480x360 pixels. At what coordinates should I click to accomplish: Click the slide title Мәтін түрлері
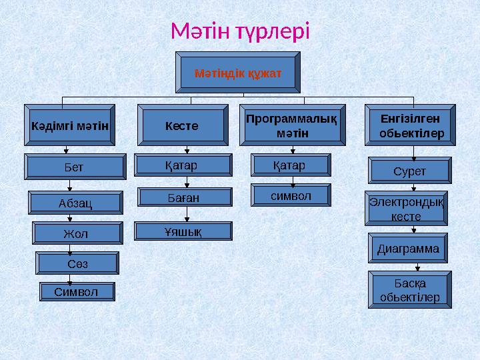(x=240, y=31)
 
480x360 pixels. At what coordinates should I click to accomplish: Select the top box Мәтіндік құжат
(x=238, y=71)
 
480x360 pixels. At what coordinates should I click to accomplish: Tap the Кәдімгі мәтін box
(x=70, y=125)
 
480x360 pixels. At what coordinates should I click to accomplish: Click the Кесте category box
(x=181, y=125)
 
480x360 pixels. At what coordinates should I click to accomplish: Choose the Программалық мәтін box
(x=292, y=125)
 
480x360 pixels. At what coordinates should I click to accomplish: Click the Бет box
(x=75, y=167)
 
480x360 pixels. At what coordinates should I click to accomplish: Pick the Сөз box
(x=78, y=263)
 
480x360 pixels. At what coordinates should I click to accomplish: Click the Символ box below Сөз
(x=76, y=291)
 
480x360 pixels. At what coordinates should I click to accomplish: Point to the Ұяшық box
(x=183, y=231)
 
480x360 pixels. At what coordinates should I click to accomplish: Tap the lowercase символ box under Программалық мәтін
(x=291, y=195)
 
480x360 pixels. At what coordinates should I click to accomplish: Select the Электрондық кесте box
(x=407, y=209)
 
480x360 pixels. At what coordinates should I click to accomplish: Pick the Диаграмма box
(x=409, y=248)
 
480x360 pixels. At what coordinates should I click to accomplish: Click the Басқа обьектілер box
(x=409, y=290)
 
